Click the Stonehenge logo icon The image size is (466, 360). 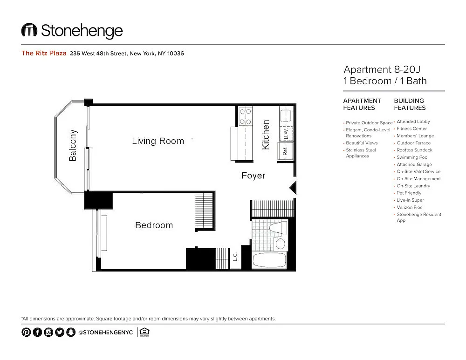pyautogui.click(x=29, y=30)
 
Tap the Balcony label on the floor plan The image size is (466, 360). pyautogui.click(x=73, y=145)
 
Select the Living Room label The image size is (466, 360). pyautogui.click(x=158, y=141)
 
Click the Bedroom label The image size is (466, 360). pyautogui.click(x=154, y=225)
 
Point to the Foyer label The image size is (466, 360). pyautogui.click(x=253, y=176)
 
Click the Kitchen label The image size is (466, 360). pyautogui.click(x=266, y=135)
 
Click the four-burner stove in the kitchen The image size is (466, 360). pyautogui.click(x=246, y=116)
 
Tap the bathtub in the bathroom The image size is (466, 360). pyautogui.click(x=269, y=260)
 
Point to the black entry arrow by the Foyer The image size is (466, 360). pyautogui.click(x=293, y=188)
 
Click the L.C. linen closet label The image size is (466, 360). pyautogui.click(x=235, y=257)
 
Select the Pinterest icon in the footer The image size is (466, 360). pyautogui.click(x=26, y=332)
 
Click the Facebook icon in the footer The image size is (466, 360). pyautogui.click(x=37, y=332)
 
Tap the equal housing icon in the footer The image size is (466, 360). pyautogui.click(x=144, y=332)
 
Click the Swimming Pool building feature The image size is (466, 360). pyautogui.click(x=412, y=157)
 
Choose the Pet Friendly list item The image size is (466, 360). pyautogui.click(x=409, y=193)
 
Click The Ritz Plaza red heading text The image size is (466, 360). pyautogui.click(x=44, y=53)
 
